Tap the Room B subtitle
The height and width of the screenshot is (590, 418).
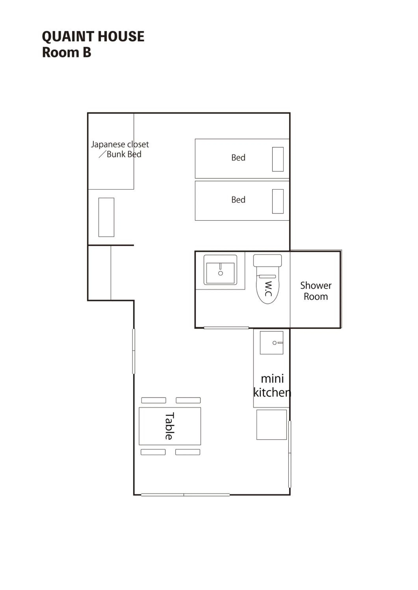(66, 53)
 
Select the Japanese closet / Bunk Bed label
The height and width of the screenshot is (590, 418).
(120, 149)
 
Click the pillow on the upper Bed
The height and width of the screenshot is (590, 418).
(278, 159)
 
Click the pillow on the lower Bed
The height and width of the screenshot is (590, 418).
(278, 201)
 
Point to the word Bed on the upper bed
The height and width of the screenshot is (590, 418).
(238, 158)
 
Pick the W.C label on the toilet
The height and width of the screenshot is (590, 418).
(268, 289)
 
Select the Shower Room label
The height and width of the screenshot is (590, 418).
(316, 291)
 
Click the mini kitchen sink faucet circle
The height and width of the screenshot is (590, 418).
(274, 343)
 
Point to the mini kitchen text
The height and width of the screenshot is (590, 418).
(272, 385)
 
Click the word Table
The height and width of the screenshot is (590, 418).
(170, 426)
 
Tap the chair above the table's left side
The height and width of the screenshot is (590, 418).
(153, 400)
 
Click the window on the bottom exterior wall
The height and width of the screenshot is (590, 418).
(185, 495)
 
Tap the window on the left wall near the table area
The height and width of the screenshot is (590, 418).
(134, 351)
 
